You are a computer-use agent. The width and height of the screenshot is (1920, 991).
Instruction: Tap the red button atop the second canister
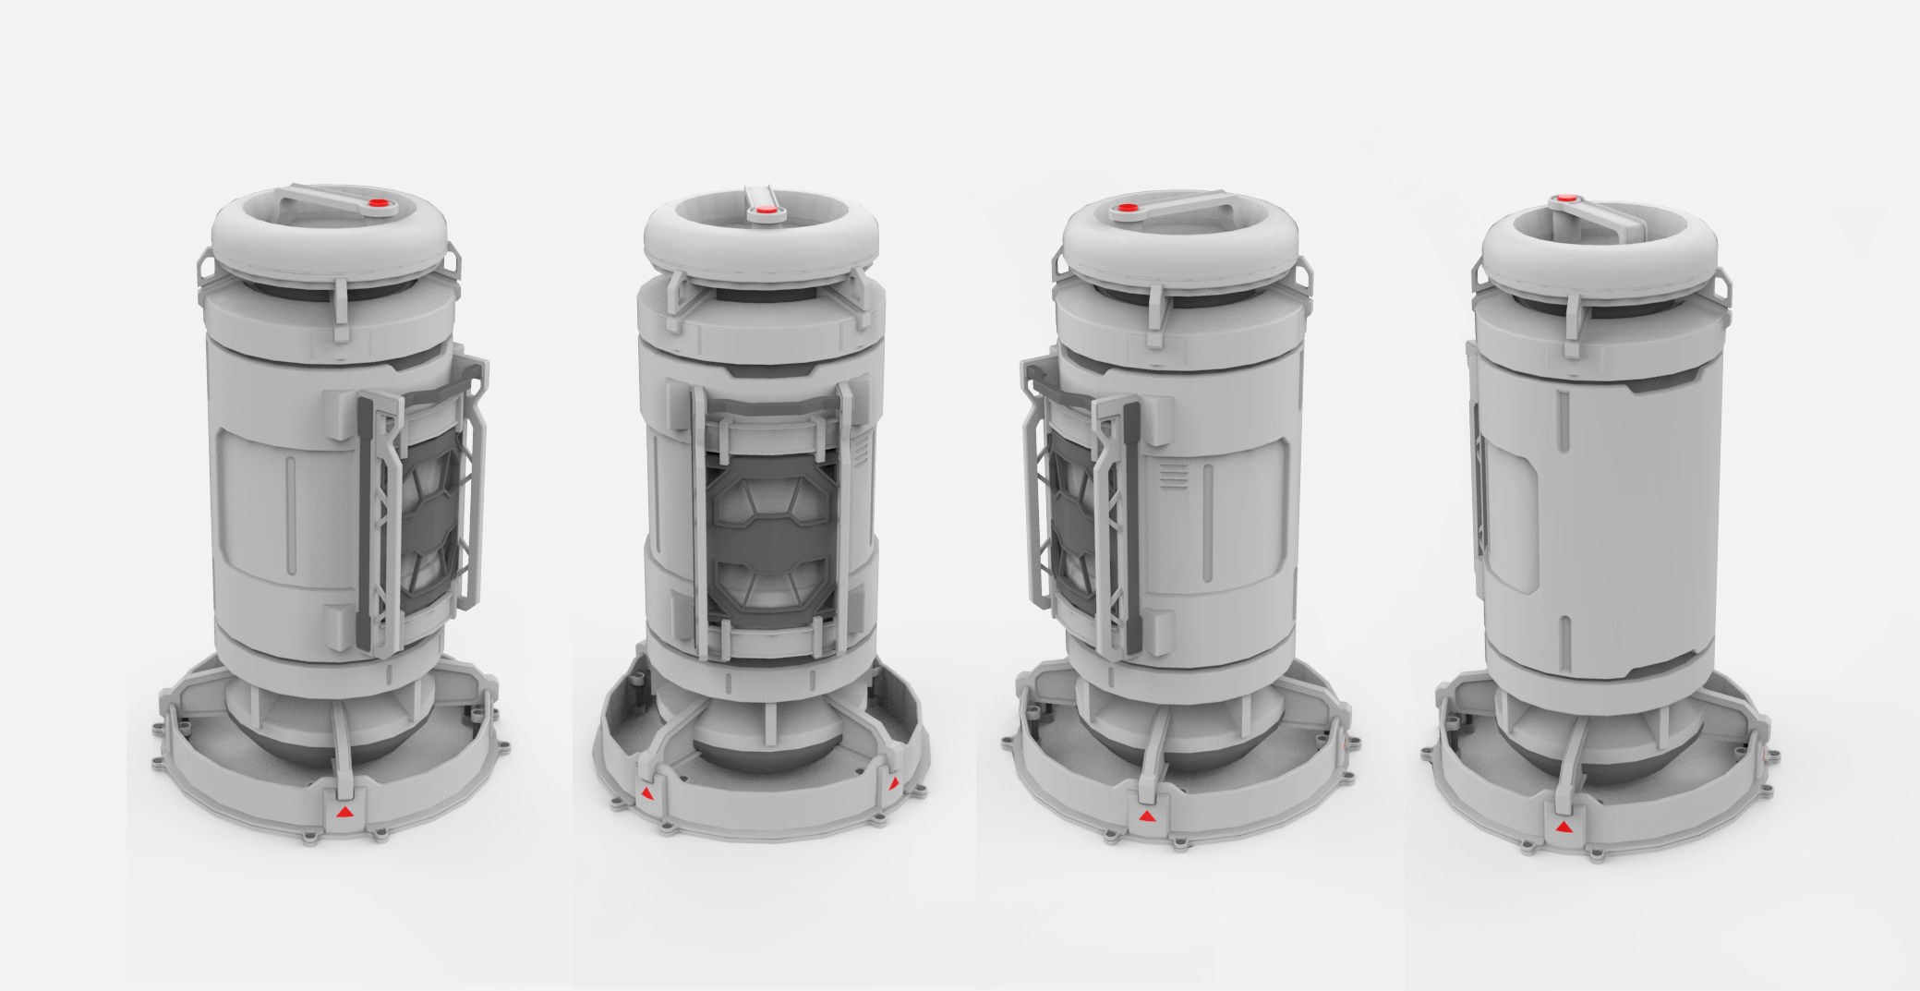tap(765, 212)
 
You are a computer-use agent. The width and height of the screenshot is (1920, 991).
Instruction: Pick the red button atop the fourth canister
tap(1563, 198)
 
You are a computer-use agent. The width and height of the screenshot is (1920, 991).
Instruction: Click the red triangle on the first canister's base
tap(344, 812)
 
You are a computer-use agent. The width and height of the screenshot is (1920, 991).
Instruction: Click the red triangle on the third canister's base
tap(1146, 816)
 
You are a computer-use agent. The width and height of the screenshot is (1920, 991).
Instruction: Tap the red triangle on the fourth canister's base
tap(1563, 827)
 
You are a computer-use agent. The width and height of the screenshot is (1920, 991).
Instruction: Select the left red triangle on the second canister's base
tap(649, 793)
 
